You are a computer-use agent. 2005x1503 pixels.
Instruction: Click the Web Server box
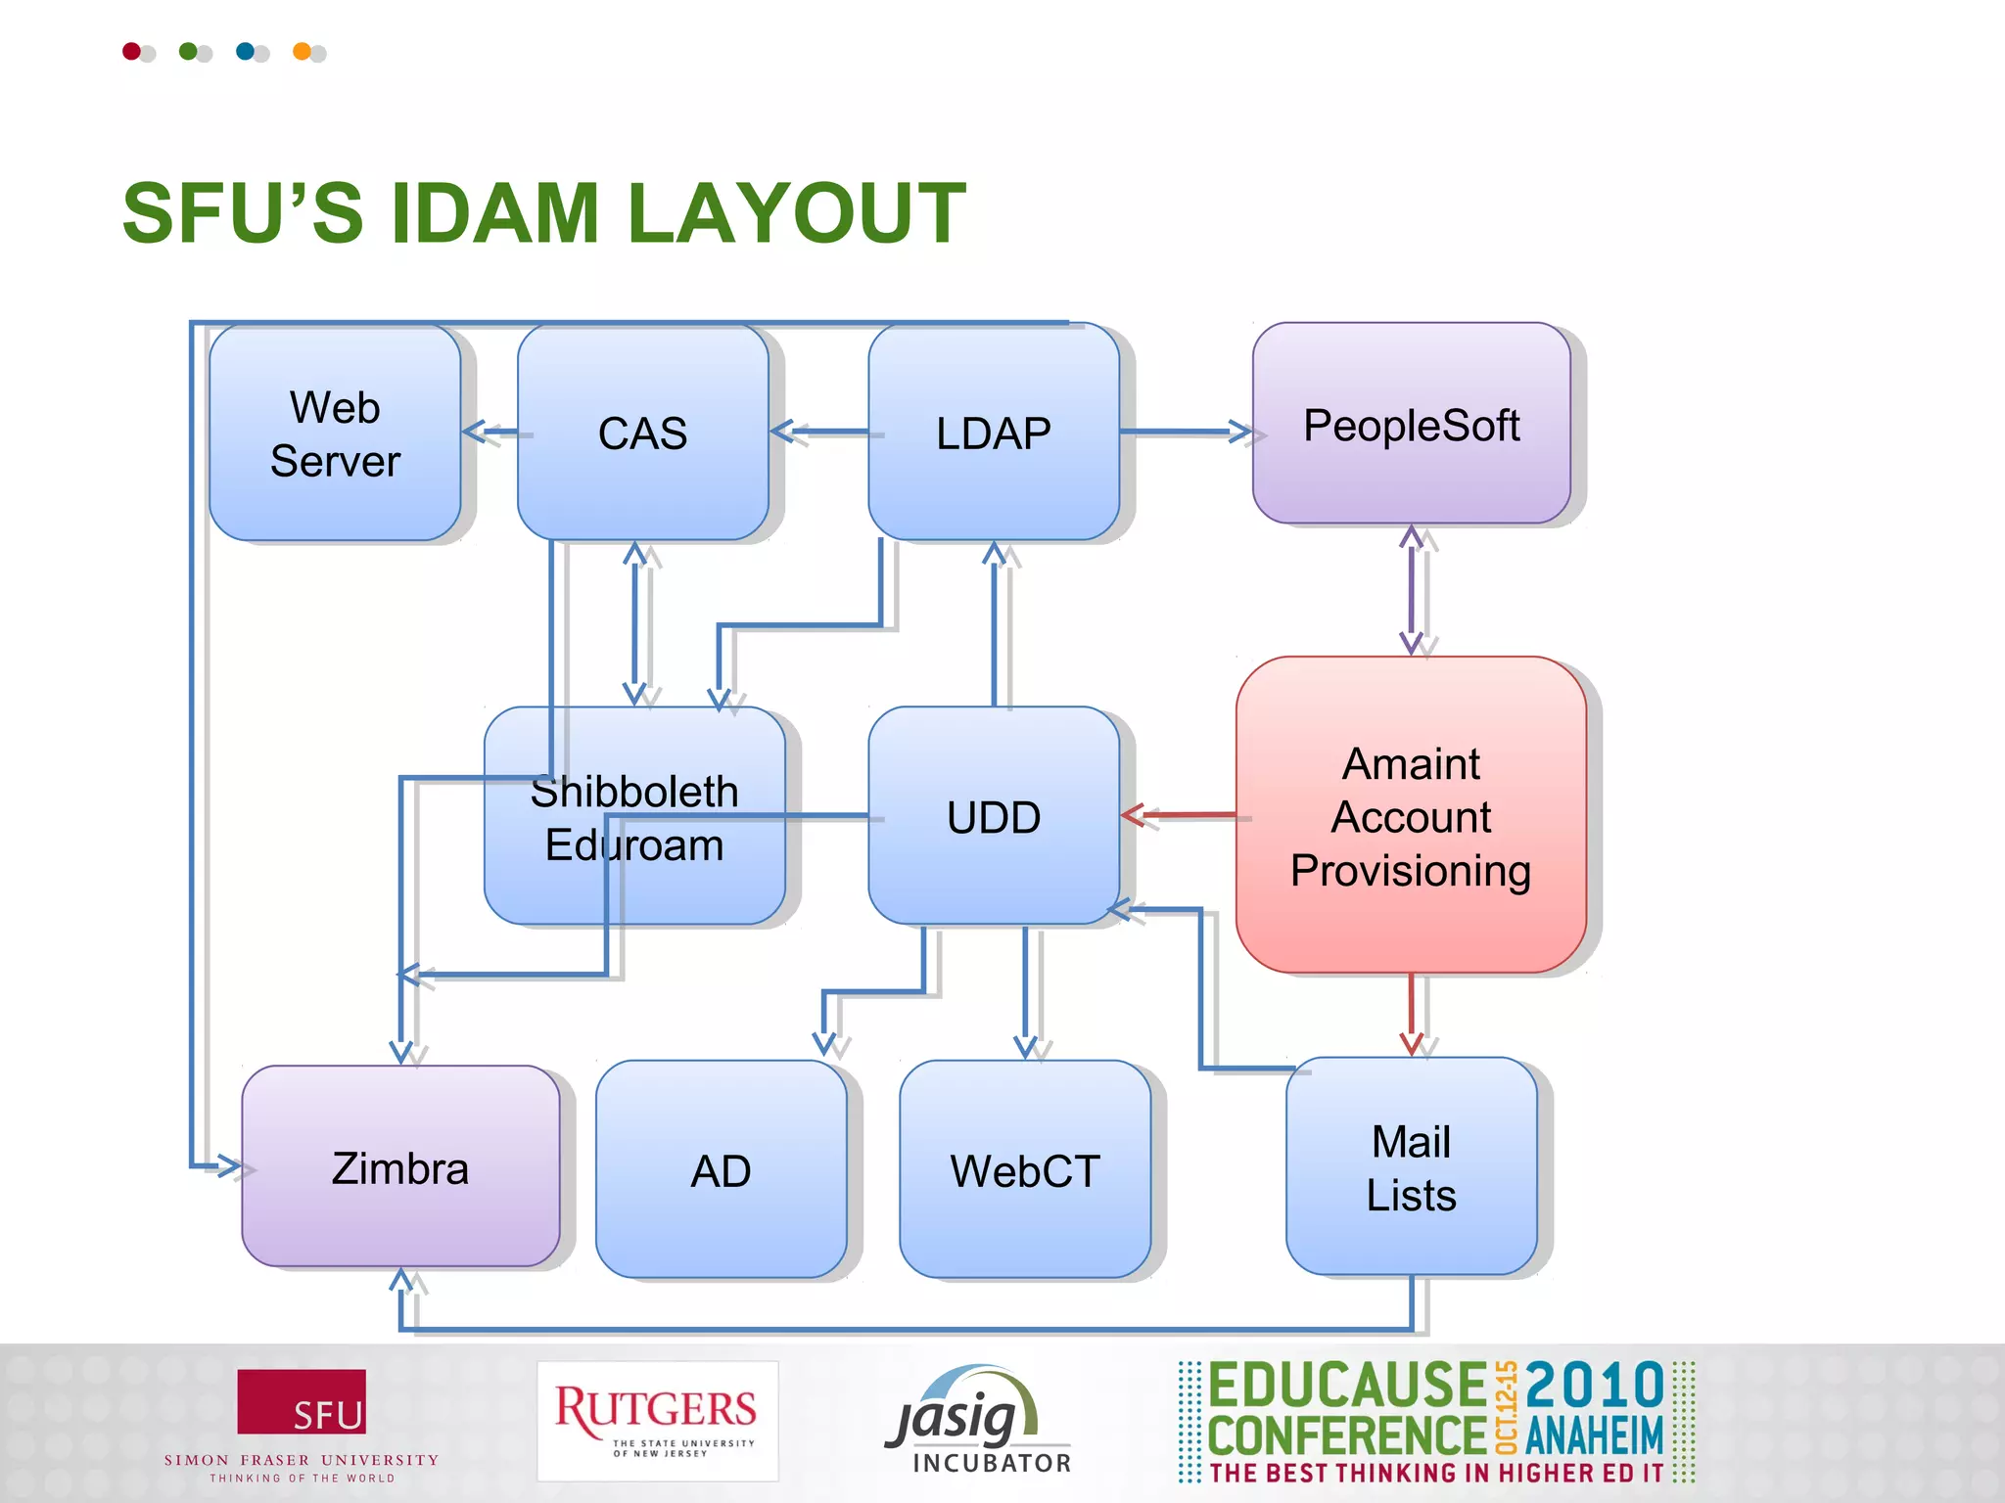point(335,433)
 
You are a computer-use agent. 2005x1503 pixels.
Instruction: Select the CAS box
point(642,433)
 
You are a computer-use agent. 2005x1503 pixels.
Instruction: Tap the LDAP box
point(993,433)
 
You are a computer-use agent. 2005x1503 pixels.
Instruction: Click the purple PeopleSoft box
point(1411,424)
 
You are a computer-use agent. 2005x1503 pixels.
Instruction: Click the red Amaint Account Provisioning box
point(1411,815)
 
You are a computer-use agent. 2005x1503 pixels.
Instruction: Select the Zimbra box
point(400,1167)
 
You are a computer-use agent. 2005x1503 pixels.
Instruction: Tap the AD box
point(721,1170)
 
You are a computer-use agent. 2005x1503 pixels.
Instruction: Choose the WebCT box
point(1024,1170)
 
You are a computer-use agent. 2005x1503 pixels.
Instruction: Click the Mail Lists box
point(1411,1167)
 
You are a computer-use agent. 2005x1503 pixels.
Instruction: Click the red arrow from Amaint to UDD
point(1179,814)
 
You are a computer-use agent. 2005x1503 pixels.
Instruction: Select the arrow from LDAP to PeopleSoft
point(1185,431)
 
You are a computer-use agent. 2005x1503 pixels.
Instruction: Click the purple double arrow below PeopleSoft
point(1411,590)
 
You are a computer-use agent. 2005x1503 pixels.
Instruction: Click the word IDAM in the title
point(494,213)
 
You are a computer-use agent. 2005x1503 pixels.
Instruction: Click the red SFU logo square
point(302,1401)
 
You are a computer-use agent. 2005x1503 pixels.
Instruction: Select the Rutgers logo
point(657,1420)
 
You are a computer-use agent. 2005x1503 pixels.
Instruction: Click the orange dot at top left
point(302,51)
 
